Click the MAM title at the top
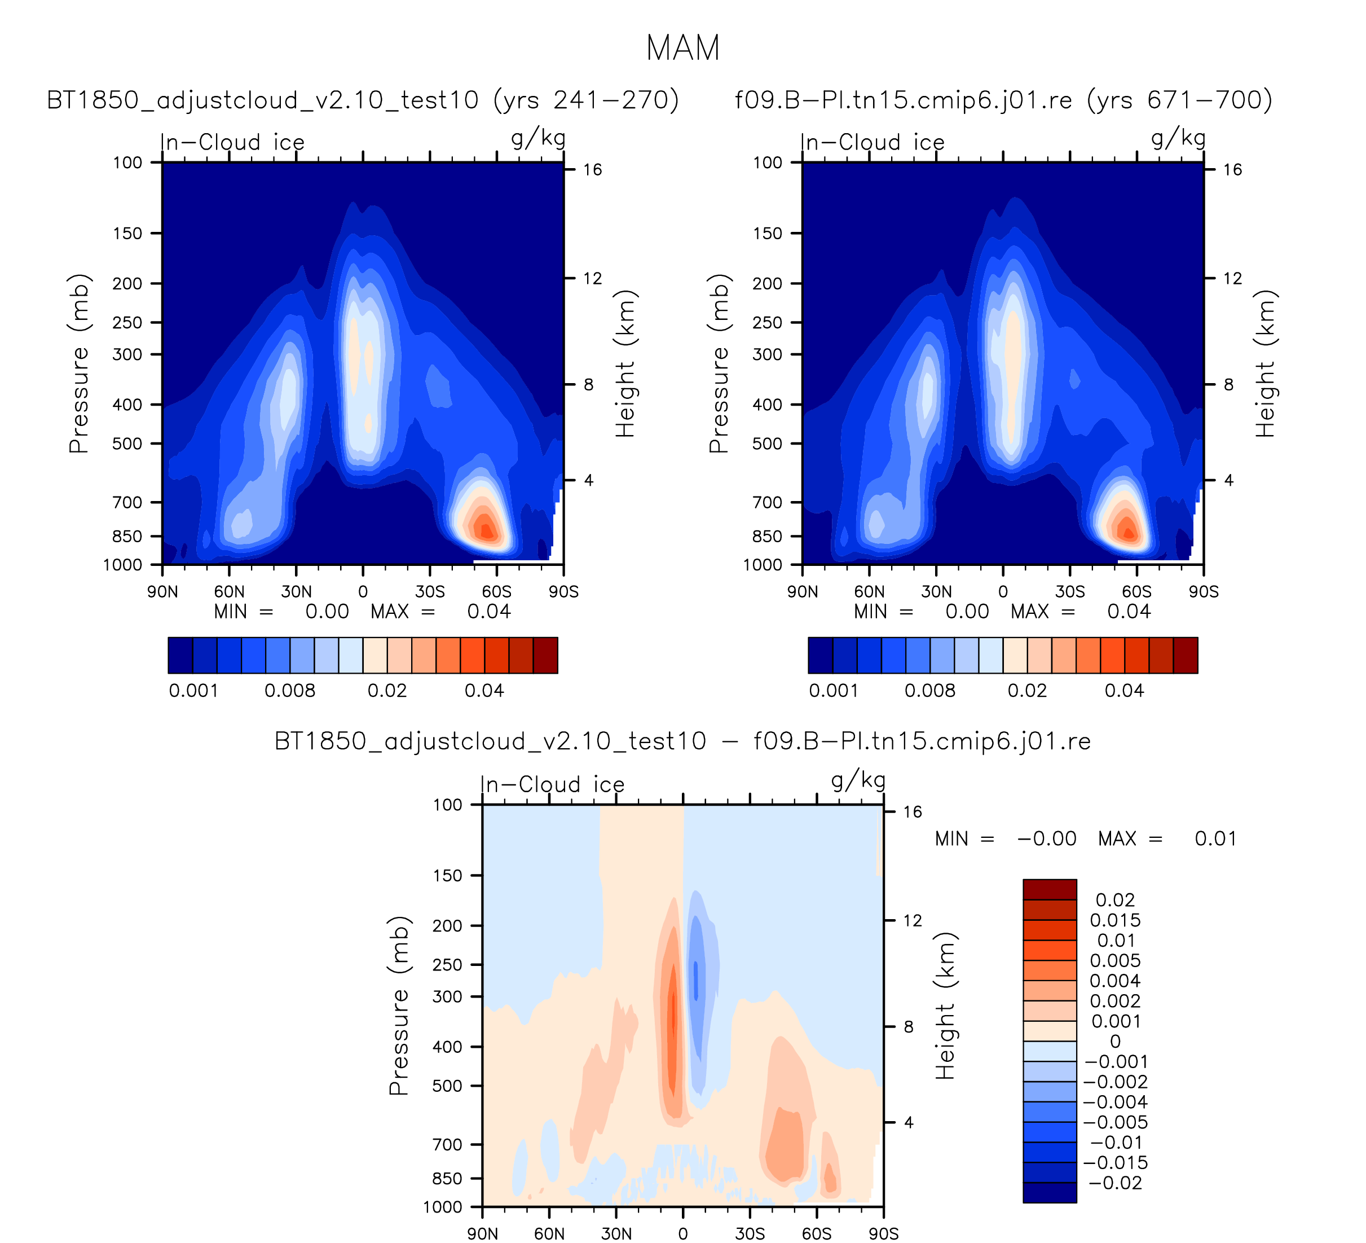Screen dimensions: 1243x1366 tap(682, 49)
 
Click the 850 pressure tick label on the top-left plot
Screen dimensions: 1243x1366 tap(127, 536)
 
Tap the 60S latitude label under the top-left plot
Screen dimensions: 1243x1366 tap(497, 592)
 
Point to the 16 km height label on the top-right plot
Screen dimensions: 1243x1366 tap(1232, 169)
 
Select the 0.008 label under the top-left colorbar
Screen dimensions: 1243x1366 tap(290, 691)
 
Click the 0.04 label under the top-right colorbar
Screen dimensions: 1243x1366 tap(1124, 691)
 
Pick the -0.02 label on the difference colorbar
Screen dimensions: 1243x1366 tap(1114, 1183)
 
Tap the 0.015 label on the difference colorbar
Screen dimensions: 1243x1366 tap(1114, 920)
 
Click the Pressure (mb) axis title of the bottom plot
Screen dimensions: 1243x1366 tap(399, 1006)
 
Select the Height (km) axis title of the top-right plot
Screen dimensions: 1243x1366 tap(1264, 363)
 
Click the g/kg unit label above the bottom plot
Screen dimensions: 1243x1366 tap(858, 781)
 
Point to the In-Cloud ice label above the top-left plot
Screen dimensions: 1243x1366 tap(232, 142)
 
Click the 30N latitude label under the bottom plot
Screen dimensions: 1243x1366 tap(616, 1233)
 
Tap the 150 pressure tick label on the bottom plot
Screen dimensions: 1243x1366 tap(447, 876)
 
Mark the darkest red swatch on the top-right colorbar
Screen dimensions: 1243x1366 tap(1185, 656)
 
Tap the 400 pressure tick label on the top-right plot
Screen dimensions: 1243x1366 tap(767, 405)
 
